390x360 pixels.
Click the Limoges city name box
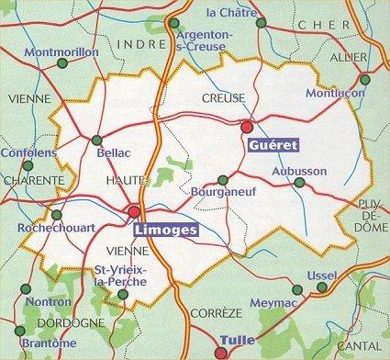[x=165, y=231]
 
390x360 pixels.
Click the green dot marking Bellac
[x=98, y=140]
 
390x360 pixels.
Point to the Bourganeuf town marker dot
[x=222, y=181]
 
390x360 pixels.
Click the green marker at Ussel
[x=321, y=288]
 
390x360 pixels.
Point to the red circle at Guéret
[x=246, y=127]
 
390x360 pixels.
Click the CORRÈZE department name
[x=212, y=313]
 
